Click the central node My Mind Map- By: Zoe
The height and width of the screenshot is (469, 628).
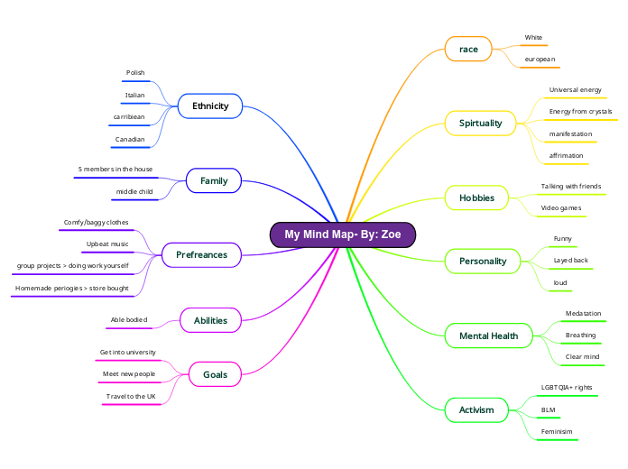click(x=343, y=234)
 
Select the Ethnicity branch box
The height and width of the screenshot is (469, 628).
click(x=209, y=106)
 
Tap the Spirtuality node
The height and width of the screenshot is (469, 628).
click(x=480, y=123)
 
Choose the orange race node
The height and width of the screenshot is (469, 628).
click(x=468, y=49)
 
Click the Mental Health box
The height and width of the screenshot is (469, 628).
click(x=488, y=336)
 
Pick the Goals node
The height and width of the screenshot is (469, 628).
click(x=215, y=374)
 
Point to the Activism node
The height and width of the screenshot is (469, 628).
click(x=476, y=410)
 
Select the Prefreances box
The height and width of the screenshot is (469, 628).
click(x=202, y=255)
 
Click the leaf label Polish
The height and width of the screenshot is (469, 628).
click(x=135, y=73)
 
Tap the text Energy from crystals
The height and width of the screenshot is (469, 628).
click(x=580, y=112)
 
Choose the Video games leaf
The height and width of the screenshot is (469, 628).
click(x=561, y=208)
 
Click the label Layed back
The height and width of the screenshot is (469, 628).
click(x=570, y=261)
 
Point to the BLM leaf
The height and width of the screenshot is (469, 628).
click(x=548, y=410)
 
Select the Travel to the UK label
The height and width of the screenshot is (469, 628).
click(x=131, y=396)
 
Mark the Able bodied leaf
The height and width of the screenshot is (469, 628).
click(x=129, y=320)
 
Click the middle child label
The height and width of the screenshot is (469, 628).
click(x=134, y=192)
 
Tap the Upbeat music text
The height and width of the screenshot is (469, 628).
click(x=107, y=244)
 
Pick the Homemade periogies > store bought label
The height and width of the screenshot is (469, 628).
click(x=71, y=289)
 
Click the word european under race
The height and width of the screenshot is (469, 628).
click(x=540, y=60)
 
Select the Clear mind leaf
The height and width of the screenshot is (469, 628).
click(x=582, y=357)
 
